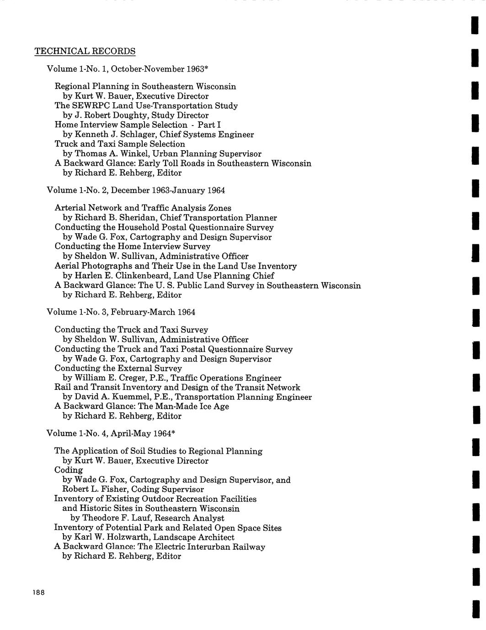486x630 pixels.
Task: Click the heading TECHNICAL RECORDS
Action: (85, 51)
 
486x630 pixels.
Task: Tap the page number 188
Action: (38, 593)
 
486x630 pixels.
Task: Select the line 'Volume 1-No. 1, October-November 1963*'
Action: (128, 69)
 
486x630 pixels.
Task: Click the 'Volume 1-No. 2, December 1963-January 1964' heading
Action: (136, 190)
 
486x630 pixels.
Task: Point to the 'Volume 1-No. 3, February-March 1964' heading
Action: (121, 312)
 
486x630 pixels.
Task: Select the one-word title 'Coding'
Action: (69, 470)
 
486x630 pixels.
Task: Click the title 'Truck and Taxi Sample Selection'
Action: (120, 144)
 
